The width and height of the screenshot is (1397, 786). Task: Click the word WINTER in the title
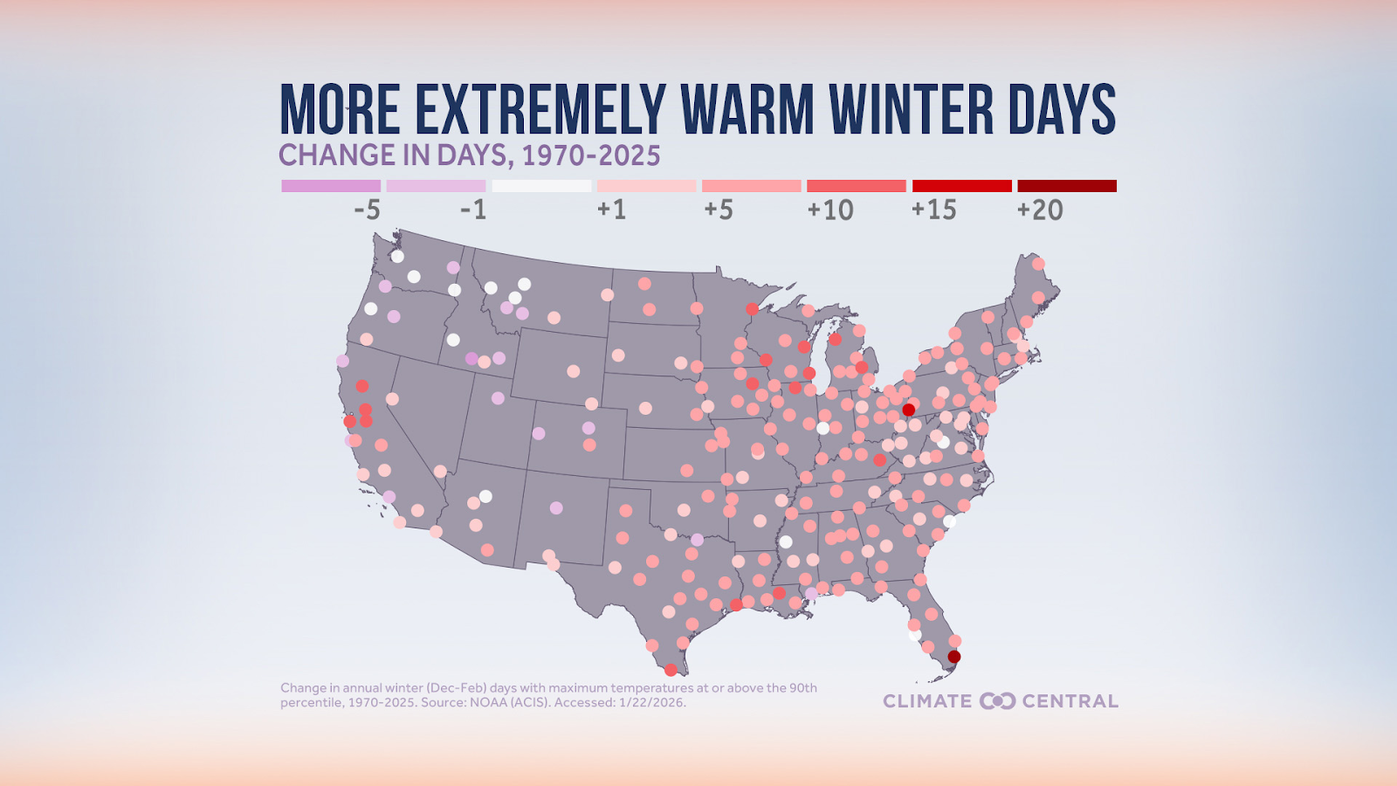[x=911, y=111]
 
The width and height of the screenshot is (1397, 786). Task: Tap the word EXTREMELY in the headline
[x=540, y=111]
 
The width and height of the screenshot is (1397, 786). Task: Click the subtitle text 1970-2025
[x=590, y=155]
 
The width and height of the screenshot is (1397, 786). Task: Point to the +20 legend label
[x=1039, y=210]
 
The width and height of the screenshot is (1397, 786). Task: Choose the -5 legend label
[x=367, y=210]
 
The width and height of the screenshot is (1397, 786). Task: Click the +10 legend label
[x=829, y=210]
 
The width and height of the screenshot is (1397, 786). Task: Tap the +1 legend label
[x=611, y=210]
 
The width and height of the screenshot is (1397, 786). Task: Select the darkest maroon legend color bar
[x=1066, y=186]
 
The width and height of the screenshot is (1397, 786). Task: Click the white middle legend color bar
[x=541, y=186]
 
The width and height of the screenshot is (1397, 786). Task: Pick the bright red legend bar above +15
[x=961, y=186]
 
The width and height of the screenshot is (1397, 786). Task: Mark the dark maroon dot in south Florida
[x=954, y=657]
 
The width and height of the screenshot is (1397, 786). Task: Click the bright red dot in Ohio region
[x=908, y=410]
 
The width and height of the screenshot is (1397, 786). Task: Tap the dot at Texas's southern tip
[x=670, y=670]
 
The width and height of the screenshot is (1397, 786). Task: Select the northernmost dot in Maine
[x=1038, y=264]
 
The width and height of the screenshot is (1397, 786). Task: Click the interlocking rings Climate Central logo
[x=997, y=701]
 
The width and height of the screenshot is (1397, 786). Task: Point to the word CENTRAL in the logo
[x=1070, y=701]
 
